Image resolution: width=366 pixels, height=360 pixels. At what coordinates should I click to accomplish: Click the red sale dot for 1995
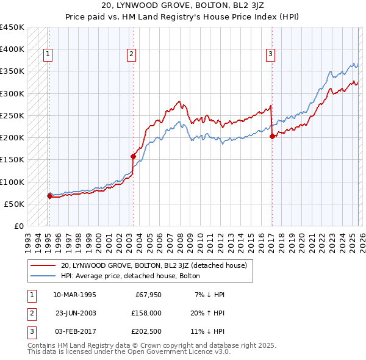click(49, 196)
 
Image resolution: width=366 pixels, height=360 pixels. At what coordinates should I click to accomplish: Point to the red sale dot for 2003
click(133, 156)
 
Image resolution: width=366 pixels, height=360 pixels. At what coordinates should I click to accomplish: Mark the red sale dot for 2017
click(271, 136)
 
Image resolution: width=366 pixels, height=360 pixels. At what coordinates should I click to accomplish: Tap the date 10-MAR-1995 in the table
click(74, 295)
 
